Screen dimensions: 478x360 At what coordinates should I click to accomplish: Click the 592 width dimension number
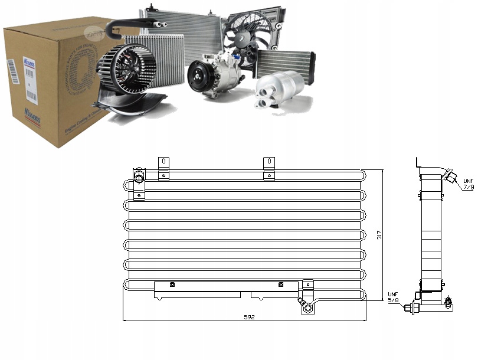pyautogui.click(x=248, y=317)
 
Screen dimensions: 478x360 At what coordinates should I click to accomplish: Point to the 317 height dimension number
pyautogui.click(x=378, y=234)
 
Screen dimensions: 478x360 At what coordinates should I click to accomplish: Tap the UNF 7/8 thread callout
pyautogui.click(x=468, y=184)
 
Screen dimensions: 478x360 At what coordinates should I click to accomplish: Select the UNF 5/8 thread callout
pyautogui.click(x=394, y=297)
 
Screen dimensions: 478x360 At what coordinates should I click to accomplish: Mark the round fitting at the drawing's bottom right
pyautogui.click(x=307, y=306)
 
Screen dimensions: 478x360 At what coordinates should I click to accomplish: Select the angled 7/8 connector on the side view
pyautogui.click(x=450, y=176)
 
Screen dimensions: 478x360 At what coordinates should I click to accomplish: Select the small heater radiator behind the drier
pyautogui.click(x=286, y=62)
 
